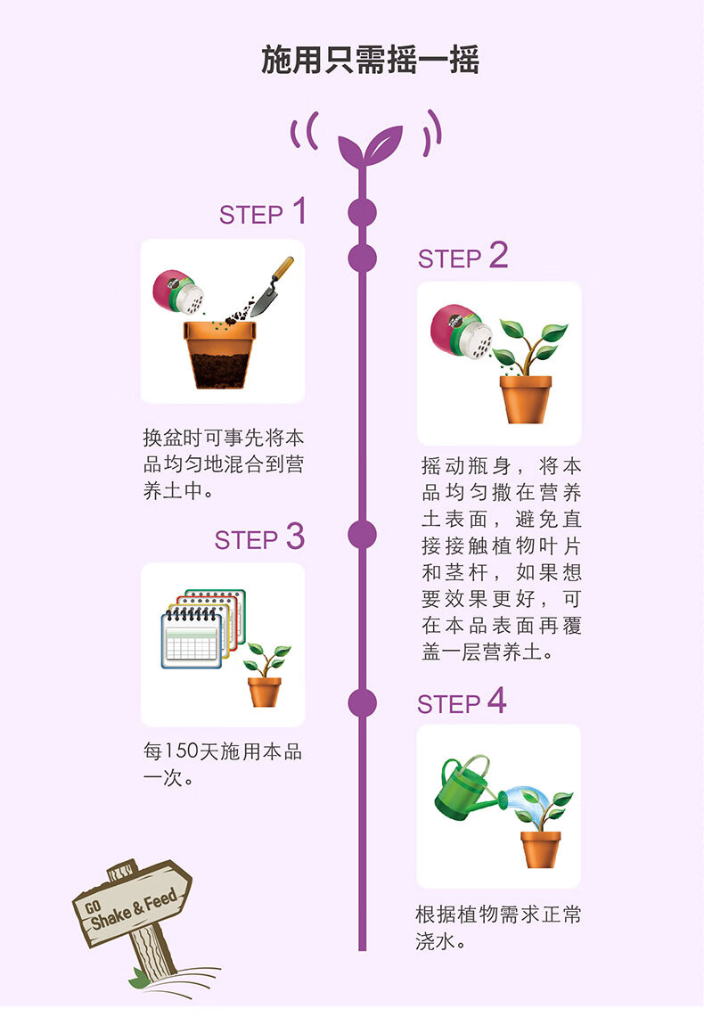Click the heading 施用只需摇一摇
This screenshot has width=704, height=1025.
pos(370,61)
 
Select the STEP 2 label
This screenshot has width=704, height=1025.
pos(463,257)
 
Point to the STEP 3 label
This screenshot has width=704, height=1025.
pos(258,538)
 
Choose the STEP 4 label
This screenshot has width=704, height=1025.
pos(462,702)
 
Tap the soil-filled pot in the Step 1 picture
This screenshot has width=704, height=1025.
pos(217,354)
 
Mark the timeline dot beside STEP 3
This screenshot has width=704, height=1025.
pos(362,535)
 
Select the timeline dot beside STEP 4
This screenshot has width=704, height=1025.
pos(362,702)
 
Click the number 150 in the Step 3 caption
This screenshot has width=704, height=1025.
pos(181,752)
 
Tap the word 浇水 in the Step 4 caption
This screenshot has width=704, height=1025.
pos(433,941)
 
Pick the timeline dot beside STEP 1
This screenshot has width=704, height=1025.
pos(362,213)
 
